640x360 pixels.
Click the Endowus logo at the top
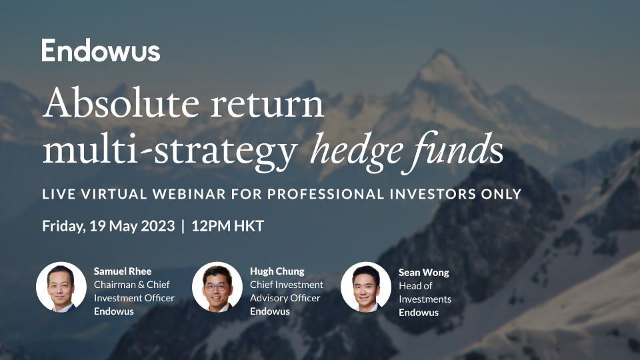tap(101, 51)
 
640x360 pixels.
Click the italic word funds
tap(458, 149)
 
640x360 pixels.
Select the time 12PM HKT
tap(227, 226)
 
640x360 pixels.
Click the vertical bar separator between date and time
tap(183, 226)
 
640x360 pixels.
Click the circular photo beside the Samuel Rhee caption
tap(61, 287)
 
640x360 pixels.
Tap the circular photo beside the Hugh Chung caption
tap(217, 287)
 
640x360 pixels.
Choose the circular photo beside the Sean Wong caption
tap(366, 287)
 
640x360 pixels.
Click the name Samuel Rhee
tap(122, 271)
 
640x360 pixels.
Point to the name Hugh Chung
tap(277, 271)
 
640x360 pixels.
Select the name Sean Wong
tap(424, 273)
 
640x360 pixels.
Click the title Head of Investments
tap(425, 293)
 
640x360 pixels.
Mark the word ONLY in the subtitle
tap(500, 194)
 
